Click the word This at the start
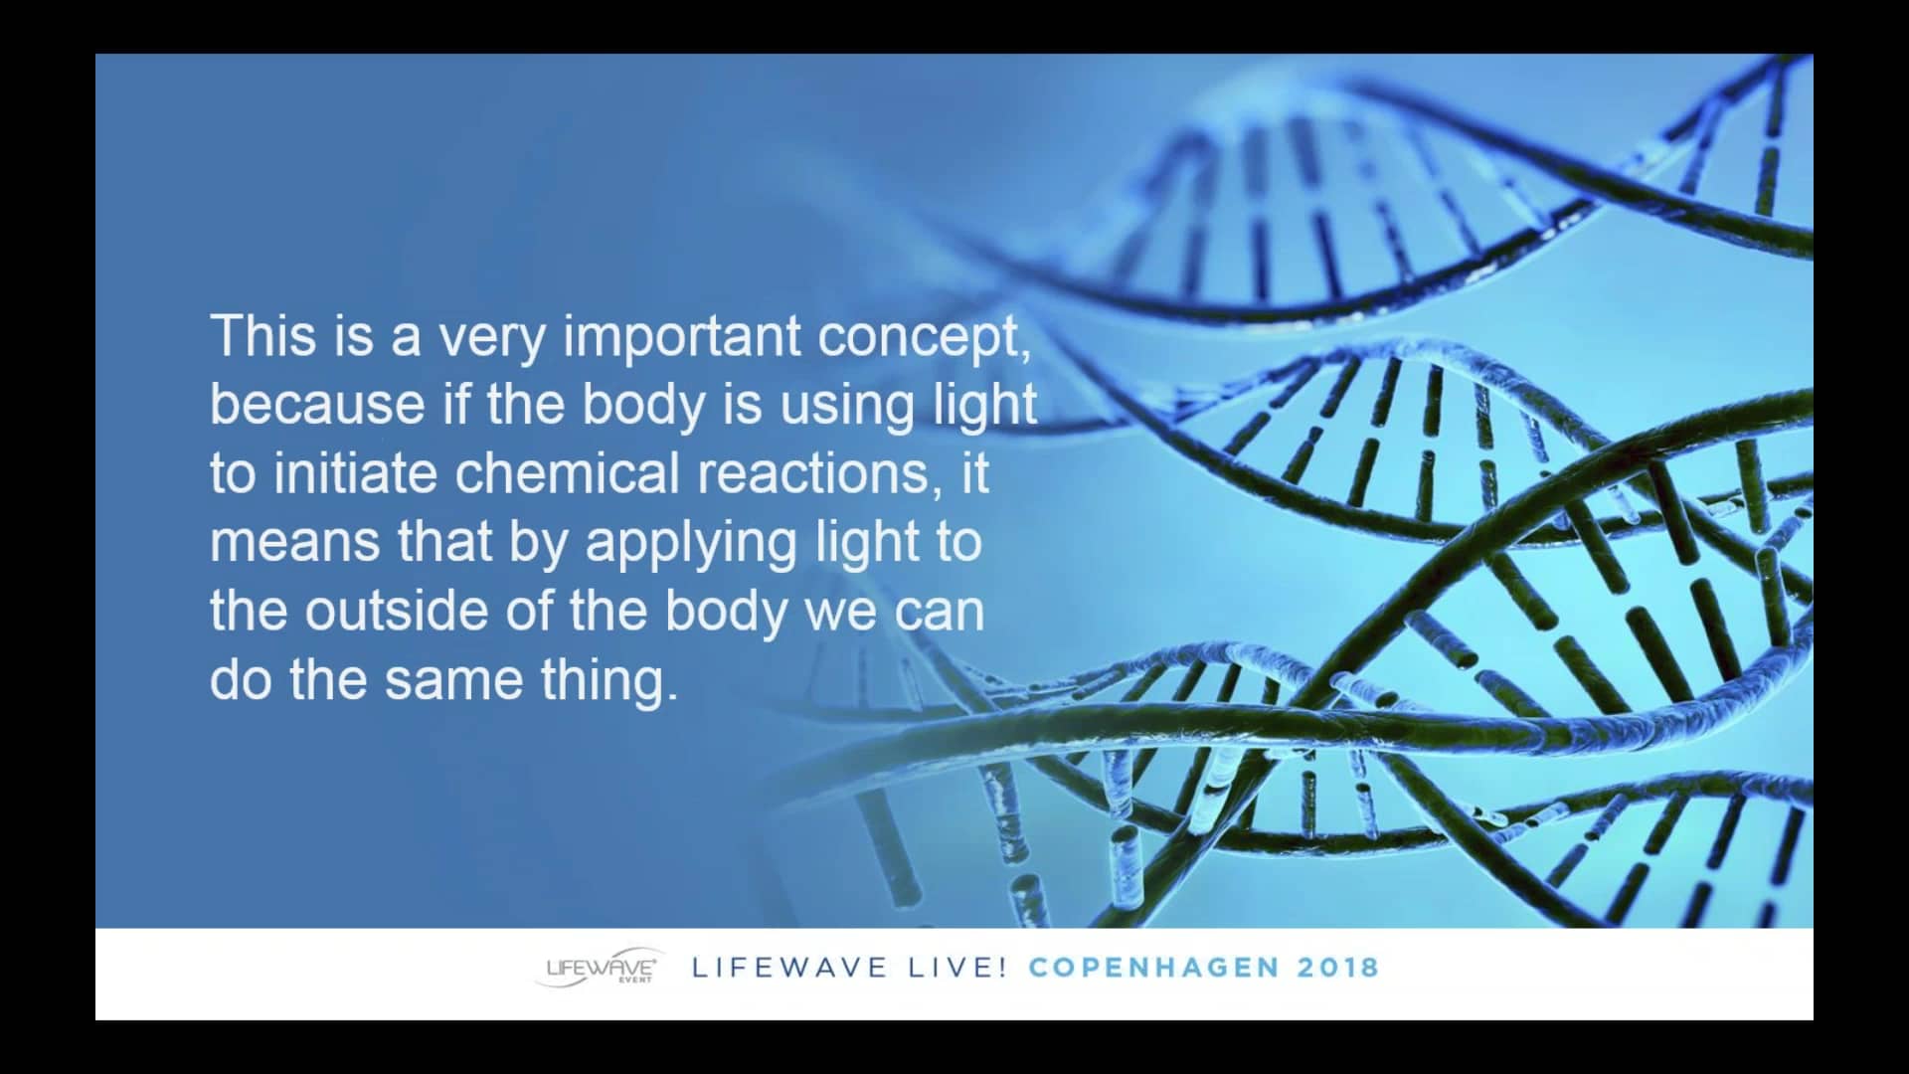pyautogui.click(x=263, y=336)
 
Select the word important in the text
pyautogui.click(x=682, y=336)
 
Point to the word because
pyautogui.click(x=317, y=405)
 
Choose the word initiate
pyautogui.click(x=355, y=473)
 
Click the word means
pyautogui.click(x=294, y=543)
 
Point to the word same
pyautogui.click(x=453, y=680)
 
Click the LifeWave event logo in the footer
pyautogui.click(x=600, y=967)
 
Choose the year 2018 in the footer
pyautogui.click(x=1338, y=967)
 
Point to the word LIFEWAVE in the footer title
pyautogui.click(x=789, y=967)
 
